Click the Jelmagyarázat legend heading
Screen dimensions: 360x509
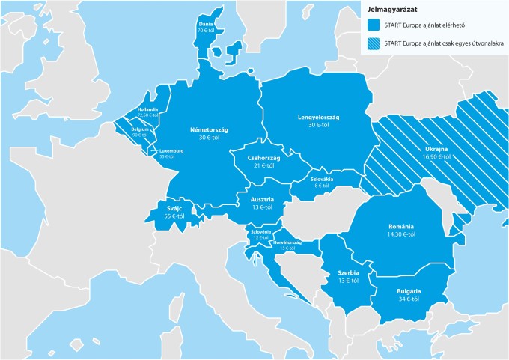[392, 10]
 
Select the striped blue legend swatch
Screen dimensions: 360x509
[372, 43]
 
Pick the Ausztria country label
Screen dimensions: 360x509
[262, 199]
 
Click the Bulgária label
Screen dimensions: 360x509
[409, 290]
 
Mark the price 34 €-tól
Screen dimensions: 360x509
[409, 299]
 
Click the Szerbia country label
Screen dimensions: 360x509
[347, 273]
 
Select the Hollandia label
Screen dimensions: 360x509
[147, 110]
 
